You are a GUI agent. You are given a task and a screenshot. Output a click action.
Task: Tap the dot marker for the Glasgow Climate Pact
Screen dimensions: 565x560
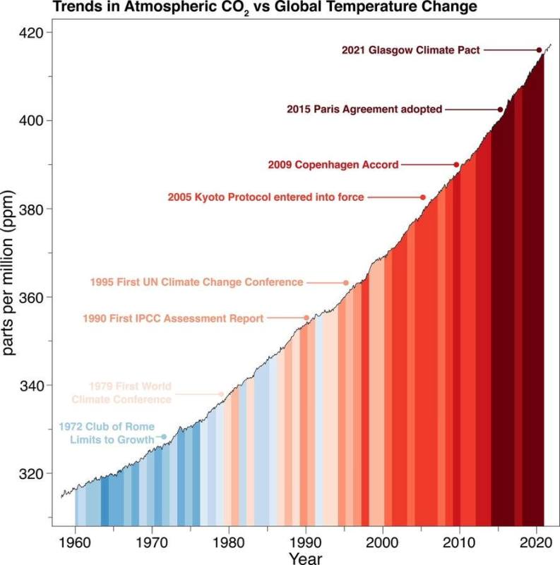539,50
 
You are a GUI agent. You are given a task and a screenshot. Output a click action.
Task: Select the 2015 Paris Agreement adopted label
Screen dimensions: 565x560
364,109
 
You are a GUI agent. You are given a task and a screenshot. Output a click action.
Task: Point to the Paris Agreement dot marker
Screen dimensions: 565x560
501,109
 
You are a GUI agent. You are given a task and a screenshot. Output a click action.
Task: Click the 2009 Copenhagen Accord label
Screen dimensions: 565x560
333,164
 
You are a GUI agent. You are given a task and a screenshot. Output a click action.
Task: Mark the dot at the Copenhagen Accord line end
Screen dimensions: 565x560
456,164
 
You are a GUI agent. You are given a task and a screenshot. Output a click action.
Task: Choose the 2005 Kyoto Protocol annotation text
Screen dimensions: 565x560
266,198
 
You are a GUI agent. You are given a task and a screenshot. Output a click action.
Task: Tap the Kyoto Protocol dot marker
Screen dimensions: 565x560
423,198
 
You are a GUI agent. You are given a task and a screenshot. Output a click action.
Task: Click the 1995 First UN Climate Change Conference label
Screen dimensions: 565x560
196,282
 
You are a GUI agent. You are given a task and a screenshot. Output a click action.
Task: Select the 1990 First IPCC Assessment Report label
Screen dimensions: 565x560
173,318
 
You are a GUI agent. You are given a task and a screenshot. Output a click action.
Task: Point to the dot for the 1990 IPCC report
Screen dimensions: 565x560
306,318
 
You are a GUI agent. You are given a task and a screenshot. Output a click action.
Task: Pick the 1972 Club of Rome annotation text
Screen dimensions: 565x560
106,433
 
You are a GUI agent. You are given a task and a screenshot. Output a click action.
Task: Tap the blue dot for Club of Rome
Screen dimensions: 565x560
165,437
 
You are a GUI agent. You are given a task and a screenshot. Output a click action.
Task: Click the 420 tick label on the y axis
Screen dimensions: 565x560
32,33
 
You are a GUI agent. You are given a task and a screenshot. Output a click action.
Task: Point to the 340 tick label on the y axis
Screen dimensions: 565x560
32,386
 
